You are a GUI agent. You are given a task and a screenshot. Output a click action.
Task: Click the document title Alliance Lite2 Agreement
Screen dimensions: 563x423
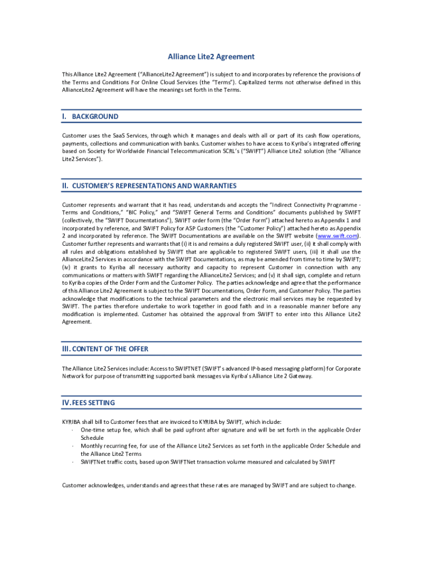point(211,57)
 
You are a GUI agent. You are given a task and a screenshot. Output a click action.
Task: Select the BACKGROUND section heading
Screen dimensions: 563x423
point(95,117)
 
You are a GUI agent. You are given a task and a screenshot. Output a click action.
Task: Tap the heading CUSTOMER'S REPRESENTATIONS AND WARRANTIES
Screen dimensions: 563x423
point(154,186)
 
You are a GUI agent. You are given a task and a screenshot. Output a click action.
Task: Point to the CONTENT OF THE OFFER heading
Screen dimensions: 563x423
point(110,349)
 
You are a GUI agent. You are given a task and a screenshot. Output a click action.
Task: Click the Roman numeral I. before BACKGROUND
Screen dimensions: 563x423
point(65,117)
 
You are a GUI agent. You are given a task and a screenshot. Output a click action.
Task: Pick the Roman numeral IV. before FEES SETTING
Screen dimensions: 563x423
point(66,403)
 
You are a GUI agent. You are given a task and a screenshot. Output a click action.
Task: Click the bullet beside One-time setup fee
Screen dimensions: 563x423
point(73,430)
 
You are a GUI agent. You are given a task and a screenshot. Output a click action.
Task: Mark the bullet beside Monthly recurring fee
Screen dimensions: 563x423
point(73,446)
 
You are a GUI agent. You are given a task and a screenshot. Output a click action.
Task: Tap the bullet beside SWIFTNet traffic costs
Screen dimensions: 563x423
point(73,462)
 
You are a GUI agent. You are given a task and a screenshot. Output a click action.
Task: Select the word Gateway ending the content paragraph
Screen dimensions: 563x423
point(300,376)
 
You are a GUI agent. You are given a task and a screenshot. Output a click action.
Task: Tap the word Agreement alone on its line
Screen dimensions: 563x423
point(76,323)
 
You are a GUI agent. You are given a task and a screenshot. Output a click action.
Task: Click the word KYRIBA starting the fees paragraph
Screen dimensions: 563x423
point(72,422)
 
